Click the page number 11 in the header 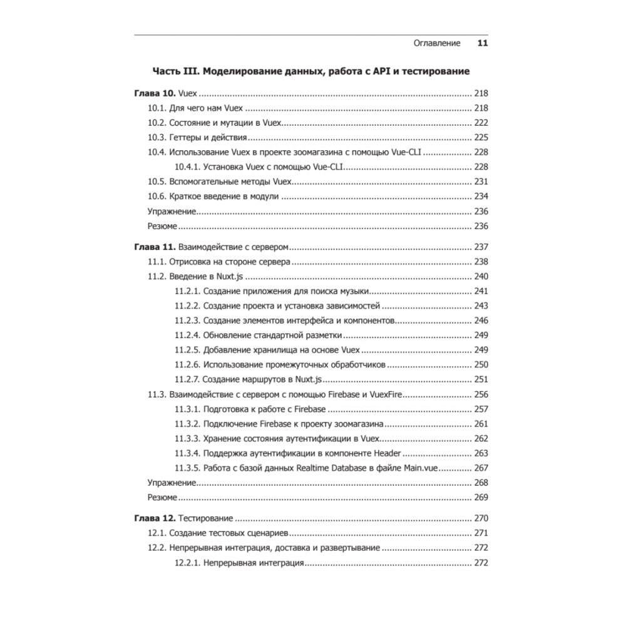(x=482, y=43)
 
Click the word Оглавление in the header (x=437, y=43)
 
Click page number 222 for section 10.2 (x=481, y=123)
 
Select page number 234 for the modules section (x=481, y=197)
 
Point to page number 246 (x=481, y=321)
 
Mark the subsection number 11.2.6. (x=186, y=364)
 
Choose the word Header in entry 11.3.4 (x=387, y=453)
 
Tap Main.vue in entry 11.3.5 (x=424, y=468)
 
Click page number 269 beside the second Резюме (x=481, y=498)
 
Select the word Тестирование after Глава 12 (x=207, y=518)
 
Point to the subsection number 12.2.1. (x=186, y=563)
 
